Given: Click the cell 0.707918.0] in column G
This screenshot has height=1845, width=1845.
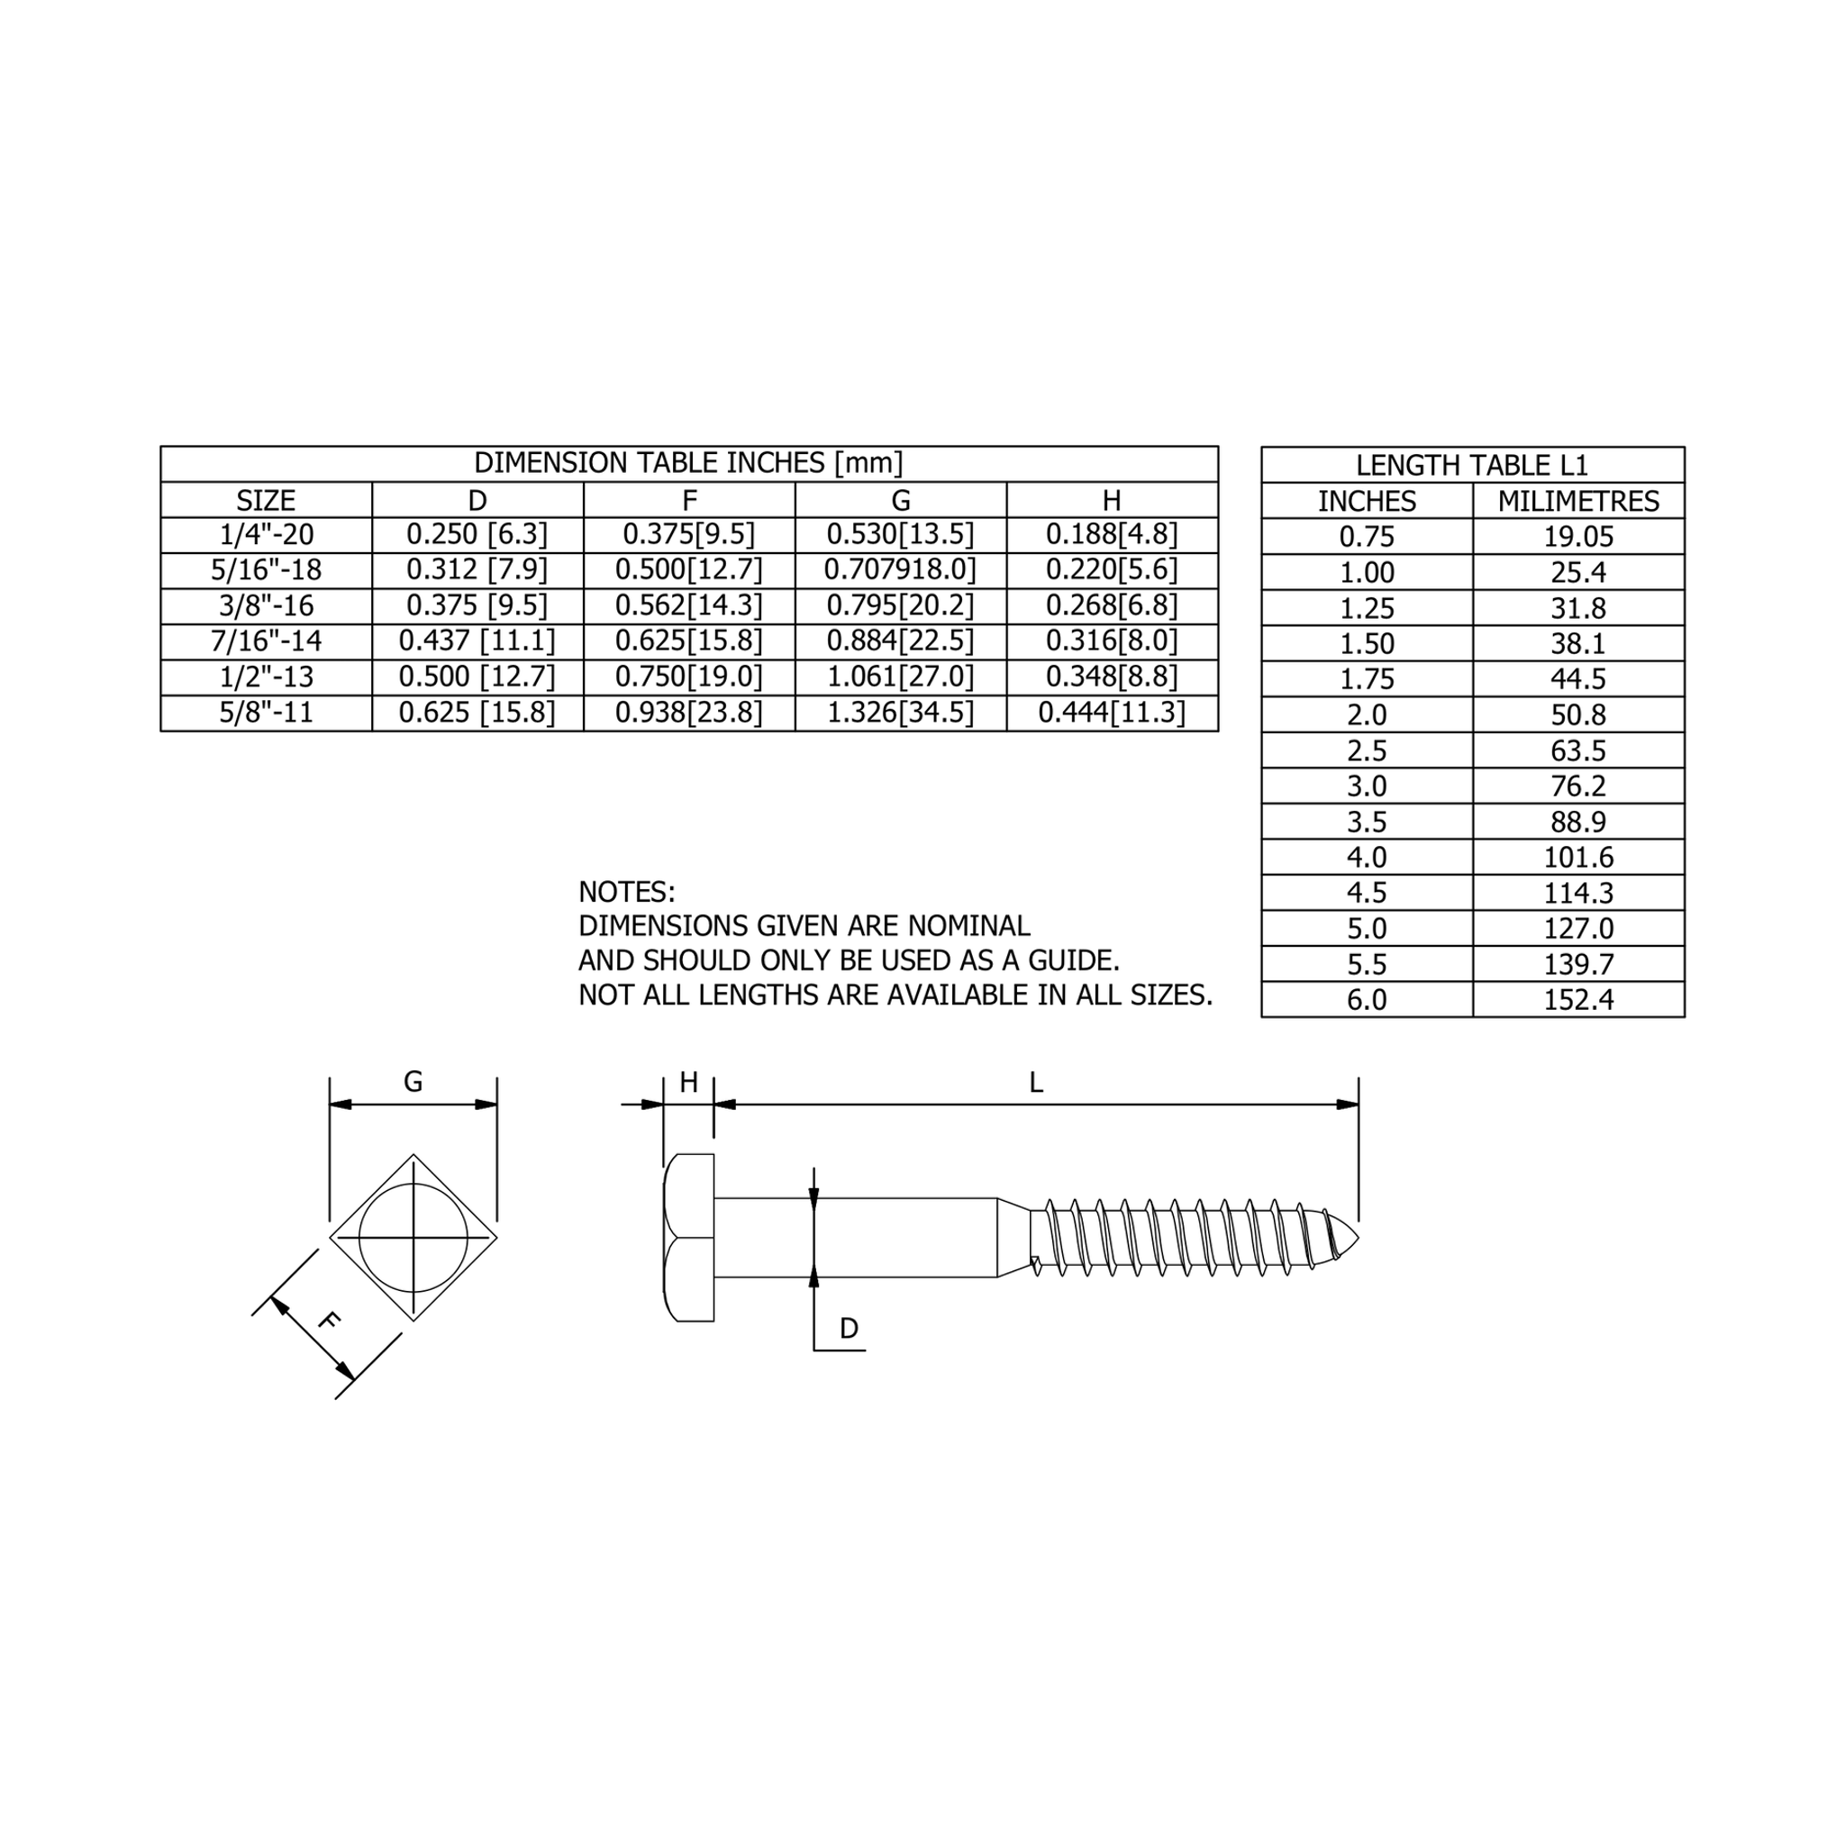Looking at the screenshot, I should tap(900, 570).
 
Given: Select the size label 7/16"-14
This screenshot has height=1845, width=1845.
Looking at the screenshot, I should tap(266, 641).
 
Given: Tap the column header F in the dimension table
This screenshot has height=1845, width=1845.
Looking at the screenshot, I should tap(688, 500).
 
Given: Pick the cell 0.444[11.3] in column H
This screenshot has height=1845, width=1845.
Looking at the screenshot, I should tap(1112, 713).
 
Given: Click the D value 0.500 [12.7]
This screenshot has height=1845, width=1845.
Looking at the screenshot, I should tap(477, 677).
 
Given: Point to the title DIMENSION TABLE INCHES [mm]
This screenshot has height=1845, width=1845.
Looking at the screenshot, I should tap(688, 463).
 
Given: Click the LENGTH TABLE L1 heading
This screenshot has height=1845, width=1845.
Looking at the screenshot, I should tap(1472, 465).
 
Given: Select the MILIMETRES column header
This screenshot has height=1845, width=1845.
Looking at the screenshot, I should tap(1577, 502).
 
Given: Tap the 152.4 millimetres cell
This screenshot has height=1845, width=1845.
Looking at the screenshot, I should tap(1577, 1000).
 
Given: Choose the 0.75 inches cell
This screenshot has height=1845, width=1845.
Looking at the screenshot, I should tap(1367, 537).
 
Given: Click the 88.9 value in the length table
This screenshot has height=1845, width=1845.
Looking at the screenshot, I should tap(1577, 822).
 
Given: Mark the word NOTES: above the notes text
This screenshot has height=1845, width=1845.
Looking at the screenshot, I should tap(626, 892).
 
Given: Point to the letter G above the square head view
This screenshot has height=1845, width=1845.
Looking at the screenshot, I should tap(413, 1082).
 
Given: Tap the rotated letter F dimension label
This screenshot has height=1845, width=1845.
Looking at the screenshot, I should tap(328, 1322).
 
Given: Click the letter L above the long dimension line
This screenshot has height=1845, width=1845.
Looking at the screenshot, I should tap(1035, 1083).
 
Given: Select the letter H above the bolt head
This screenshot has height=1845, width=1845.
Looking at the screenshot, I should tap(688, 1083).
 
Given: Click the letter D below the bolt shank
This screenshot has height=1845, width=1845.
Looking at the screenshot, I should tap(848, 1329).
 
